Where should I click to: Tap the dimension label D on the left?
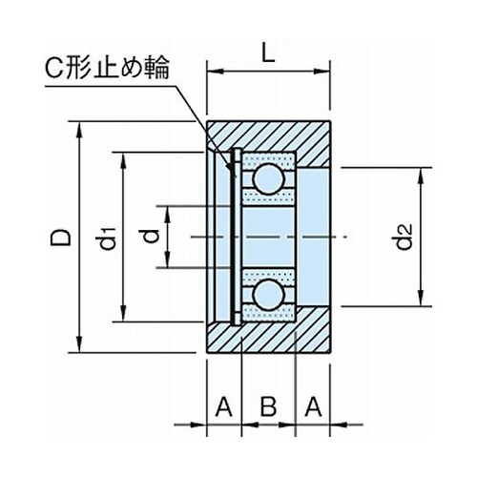click(x=60, y=238)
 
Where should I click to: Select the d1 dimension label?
click(x=107, y=238)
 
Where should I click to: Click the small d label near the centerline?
click(x=150, y=236)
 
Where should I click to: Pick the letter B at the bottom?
click(x=268, y=406)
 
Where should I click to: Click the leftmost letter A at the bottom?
click(x=223, y=406)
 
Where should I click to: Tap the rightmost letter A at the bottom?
click(x=313, y=406)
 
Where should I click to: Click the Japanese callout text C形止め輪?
click(x=107, y=68)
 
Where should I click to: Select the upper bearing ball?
click(x=268, y=178)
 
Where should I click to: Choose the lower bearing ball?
click(x=268, y=295)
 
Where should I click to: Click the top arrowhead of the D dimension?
click(x=79, y=131)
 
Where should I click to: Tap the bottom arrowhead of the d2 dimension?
click(x=421, y=298)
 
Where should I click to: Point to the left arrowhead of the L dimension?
click(x=217, y=72)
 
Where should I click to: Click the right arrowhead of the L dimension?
click(x=321, y=72)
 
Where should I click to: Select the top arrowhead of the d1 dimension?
click(x=124, y=161)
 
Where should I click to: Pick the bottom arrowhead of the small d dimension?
click(x=168, y=259)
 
